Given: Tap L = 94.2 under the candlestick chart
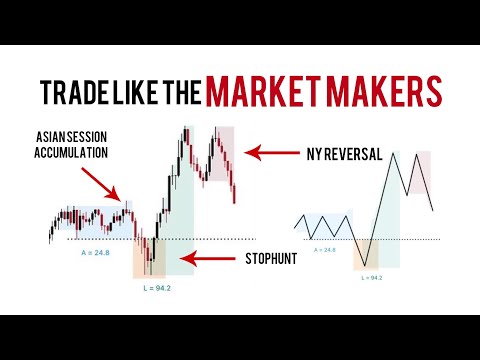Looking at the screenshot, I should (151, 287).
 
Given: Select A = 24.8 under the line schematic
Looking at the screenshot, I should (322, 249).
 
